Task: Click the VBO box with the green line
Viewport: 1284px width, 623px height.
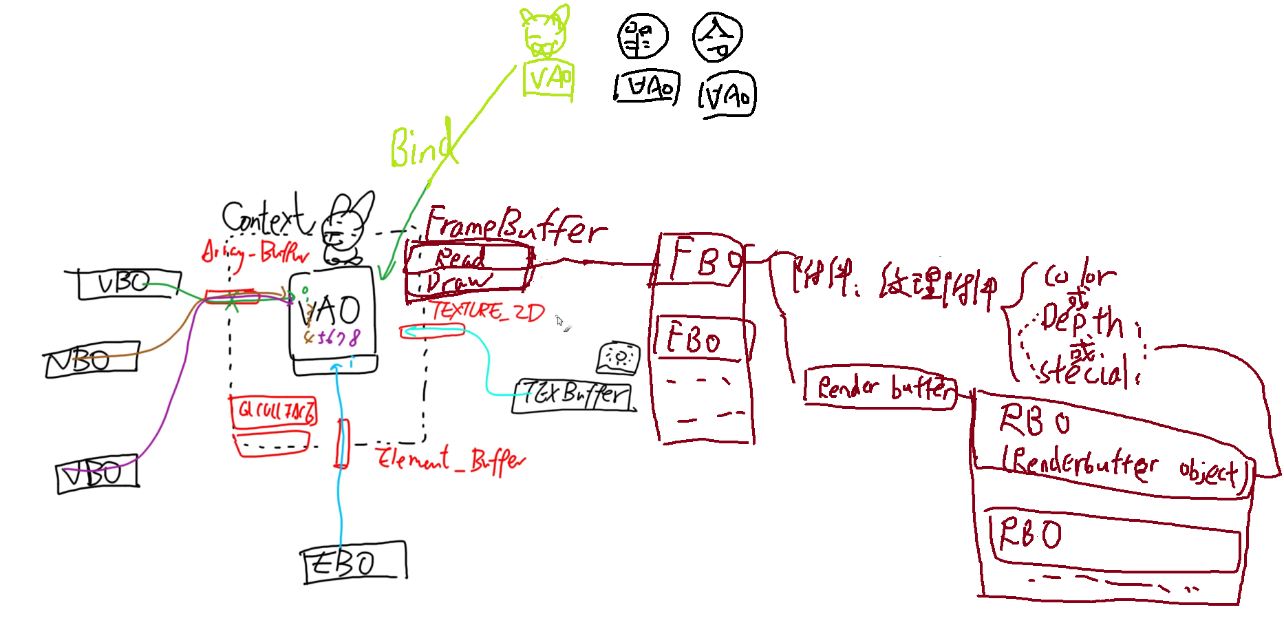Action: [x=127, y=284]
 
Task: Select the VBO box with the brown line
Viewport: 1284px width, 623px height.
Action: [x=91, y=359]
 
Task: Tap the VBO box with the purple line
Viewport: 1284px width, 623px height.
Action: [x=97, y=475]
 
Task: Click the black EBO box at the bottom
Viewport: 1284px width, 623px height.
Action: [x=354, y=562]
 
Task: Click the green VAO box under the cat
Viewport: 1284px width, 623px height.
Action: [x=548, y=80]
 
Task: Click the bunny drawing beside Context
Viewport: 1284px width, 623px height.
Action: [x=348, y=227]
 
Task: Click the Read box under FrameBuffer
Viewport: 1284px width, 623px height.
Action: [x=468, y=258]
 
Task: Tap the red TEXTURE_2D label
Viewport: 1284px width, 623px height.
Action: [x=488, y=312]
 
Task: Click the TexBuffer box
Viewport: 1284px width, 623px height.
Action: [x=574, y=395]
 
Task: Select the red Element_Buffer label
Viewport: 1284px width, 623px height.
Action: [x=450, y=458]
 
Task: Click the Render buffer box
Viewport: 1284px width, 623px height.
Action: [x=881, y=387]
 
